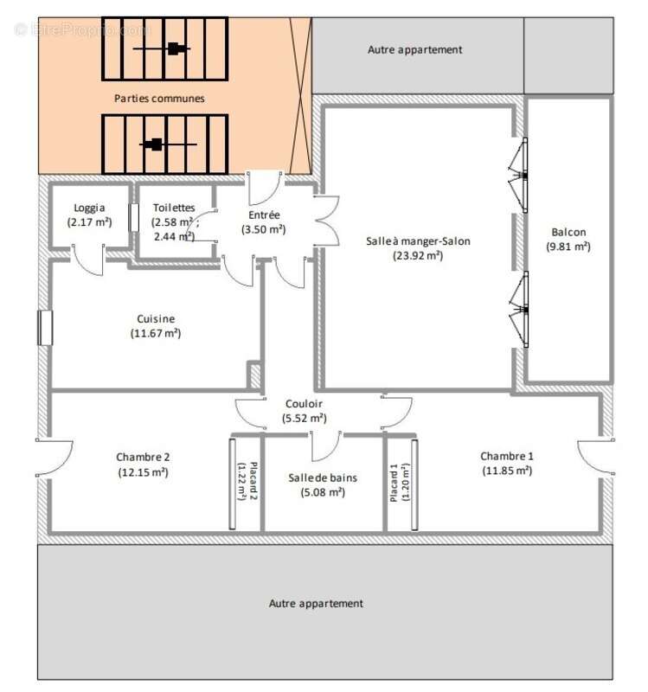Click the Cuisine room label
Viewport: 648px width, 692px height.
[156, 318]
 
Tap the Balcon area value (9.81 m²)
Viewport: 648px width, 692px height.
[568, 247]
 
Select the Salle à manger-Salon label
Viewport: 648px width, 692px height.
[418, 240]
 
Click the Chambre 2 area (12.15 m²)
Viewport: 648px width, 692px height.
[143, 472]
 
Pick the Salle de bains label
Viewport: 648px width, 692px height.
[322, 477]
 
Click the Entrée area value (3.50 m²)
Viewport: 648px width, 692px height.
[263, 229]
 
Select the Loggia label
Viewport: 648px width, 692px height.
[90, 208]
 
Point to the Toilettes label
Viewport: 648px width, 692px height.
[173, 208]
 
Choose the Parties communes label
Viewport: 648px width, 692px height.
[160, 99]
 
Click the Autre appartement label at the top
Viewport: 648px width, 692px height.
[415, 50]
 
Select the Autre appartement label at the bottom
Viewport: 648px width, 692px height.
[316, 603]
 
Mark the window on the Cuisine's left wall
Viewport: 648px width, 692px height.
[45, 328]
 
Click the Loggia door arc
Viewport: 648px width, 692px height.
[87, 260]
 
